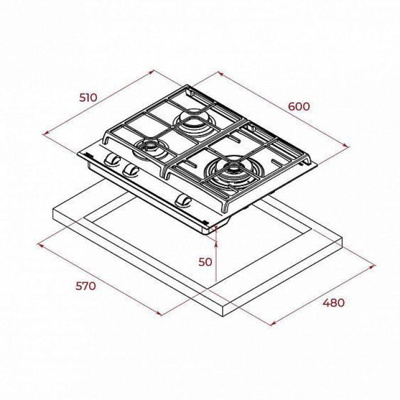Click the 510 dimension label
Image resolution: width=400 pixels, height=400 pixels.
coord(88,98)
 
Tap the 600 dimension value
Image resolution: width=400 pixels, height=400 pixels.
coord(298,106)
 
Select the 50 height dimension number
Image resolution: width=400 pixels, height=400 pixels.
coord(205,262)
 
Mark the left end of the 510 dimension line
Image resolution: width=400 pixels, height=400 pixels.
coord(43,133)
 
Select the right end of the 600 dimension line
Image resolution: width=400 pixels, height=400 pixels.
coord(349,147)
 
